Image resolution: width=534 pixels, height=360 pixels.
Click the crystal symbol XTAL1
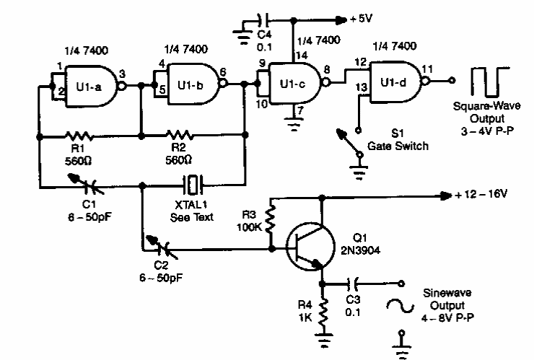click(x=192, y=185)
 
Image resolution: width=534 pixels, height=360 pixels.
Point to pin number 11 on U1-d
click(x=427, y=69)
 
